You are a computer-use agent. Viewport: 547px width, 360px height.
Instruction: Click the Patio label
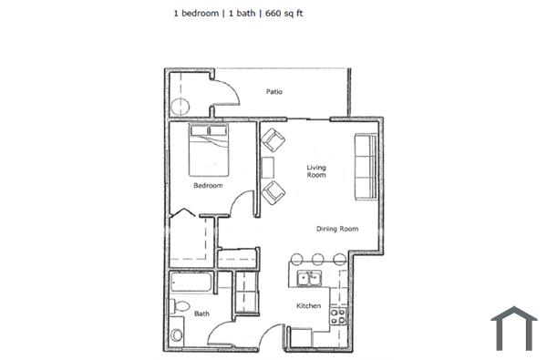[273, 91]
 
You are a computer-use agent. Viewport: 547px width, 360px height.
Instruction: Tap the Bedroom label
[208, 186]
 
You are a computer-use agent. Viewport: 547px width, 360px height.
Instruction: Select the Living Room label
[316, 171]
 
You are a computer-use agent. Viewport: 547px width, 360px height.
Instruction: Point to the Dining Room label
[336, 229]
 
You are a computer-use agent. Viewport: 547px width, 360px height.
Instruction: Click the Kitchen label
[308, 306]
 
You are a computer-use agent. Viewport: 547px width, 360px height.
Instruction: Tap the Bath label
[201, 314]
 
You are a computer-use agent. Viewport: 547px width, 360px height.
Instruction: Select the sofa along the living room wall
[366, 166]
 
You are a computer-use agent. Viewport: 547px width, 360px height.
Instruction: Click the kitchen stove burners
[337, 316]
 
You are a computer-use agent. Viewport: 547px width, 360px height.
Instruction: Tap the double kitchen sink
[310, 278]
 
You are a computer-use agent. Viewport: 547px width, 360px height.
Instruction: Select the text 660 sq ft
[284, 15]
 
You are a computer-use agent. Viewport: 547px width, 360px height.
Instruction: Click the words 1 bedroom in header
[196, 15]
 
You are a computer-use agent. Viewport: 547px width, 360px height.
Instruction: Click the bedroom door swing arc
[240, 205]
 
